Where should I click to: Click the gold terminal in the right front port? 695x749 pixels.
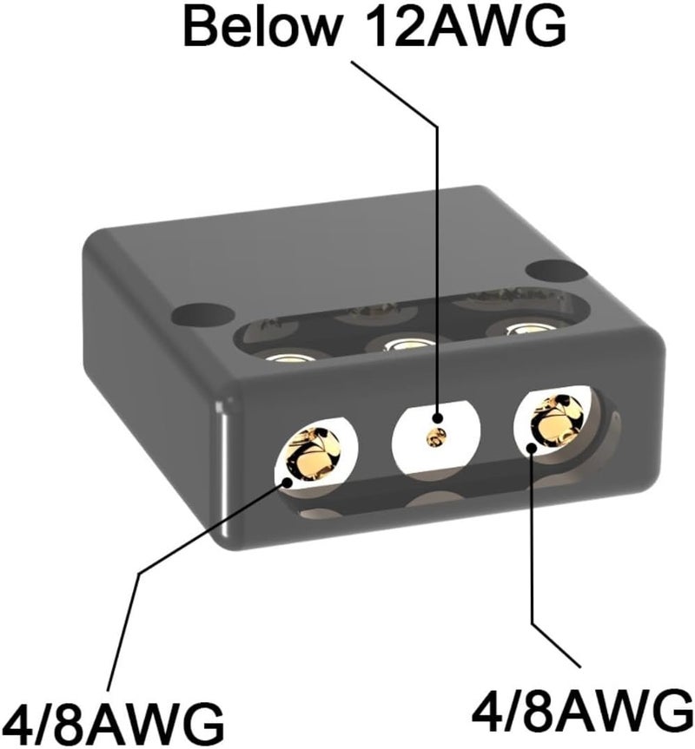[x=558, y=420]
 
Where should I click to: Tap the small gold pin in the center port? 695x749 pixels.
[x=436, y=437]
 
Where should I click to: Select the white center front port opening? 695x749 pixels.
[x=436, y=438]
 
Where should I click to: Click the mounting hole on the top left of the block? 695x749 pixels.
[x=204, y=314]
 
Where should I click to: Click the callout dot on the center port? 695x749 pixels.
[x=437, y=417]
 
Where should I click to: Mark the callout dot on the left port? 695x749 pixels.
[x=287, y=482]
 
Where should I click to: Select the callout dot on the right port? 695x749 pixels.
[x=532, y=449]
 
